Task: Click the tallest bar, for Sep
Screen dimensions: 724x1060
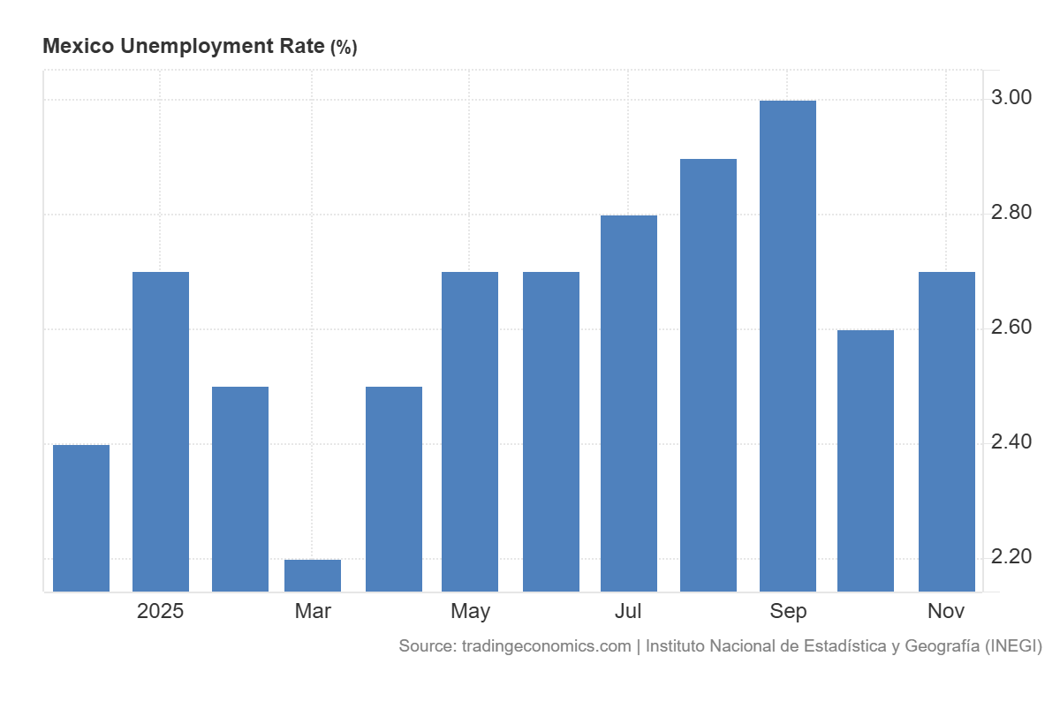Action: tap(787, 346)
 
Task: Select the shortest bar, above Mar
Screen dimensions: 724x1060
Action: tap(313, 576)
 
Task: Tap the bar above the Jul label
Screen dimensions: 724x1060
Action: tap(629, 403)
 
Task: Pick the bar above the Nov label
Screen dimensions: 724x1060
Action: tap(947, 432)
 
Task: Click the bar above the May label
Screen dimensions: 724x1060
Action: tap(470, 432)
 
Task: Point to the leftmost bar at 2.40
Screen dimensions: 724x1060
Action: tap(81, 518)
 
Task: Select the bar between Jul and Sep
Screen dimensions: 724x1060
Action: tap(708, 375)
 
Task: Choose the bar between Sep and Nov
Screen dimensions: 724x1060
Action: tap(866, 461)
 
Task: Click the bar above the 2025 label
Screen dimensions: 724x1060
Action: tap(161, 432)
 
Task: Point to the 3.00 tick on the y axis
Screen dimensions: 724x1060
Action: tap(1011, 98)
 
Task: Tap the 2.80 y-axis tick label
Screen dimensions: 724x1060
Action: tap(1011, 213)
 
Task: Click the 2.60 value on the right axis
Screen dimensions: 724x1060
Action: tap(1011, 328)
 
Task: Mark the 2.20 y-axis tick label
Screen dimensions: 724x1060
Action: tap(1011, 557)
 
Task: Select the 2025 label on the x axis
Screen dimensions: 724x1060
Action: tap(161, 611)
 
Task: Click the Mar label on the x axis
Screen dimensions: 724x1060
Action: tap(313, 611)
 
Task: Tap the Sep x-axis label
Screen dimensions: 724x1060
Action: tap(788, 611)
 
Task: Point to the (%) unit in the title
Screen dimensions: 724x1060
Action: tap(344, 48)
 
